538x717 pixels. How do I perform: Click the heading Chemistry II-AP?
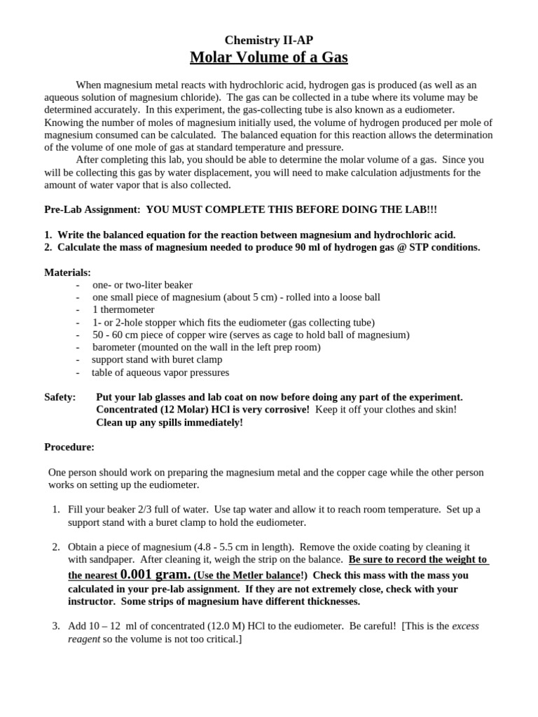(x=269, y=40)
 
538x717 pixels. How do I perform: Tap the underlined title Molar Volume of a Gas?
(x=269, y=57)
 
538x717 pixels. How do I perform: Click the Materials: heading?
(x=67, y=272)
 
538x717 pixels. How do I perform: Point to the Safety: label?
(x=60, y=397)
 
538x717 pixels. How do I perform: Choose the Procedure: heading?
(x=69, y=447)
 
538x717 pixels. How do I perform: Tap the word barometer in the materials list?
(x=115, y=347)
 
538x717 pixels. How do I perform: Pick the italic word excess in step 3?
(x=466, y=626)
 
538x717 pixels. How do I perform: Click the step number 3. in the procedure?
(x=56, y=626)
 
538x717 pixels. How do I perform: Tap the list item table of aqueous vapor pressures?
(x=160, y=373)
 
